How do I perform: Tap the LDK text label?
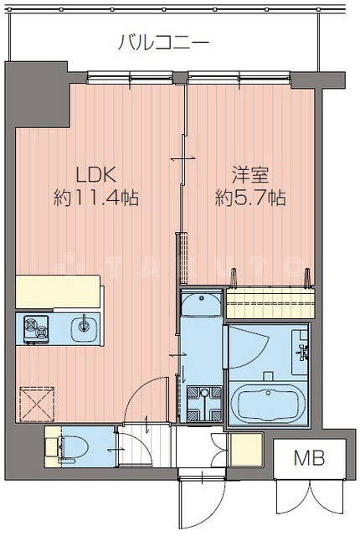pos(95,175)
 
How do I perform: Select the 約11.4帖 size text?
pos(95,198)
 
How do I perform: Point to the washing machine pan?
pos(203,402)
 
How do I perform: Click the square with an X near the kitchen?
pos(36,401)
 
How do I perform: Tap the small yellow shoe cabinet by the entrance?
pos(245,446)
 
